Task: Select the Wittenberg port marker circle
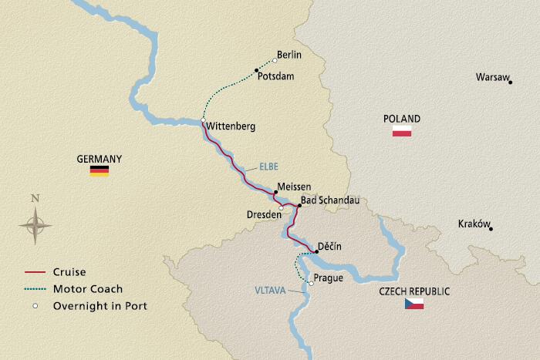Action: pyautogui.click(x=202, y=121)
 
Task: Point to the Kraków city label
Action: pyautogui.click(x=474, y=224)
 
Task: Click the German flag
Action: pyautogui.click(x=100, y=171)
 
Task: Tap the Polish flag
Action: pyautogui.click(x=402, y=132)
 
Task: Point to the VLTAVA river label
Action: pyautogui.click(x=269, y=291)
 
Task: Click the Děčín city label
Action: pyautogui.click(x=330, y=247)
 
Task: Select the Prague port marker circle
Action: pyautogui.click(x=311, y=284)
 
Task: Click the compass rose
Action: pyautogui.click(x=35, y=224)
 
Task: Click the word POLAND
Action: pyautogui.click(x=402, y=119)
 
